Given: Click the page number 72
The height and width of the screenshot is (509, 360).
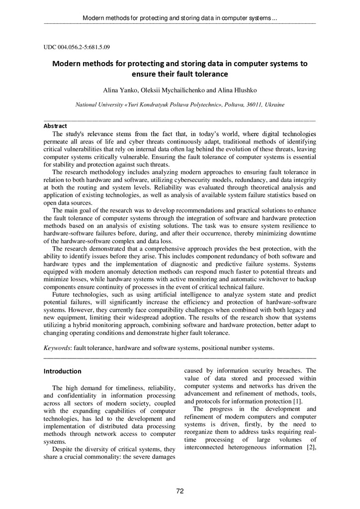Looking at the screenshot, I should [180, 491].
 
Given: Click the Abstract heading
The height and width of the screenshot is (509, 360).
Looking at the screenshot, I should [55, 126].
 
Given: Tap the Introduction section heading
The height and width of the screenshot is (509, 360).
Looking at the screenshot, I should [62, 371].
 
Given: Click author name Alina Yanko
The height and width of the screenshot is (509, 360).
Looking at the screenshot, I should [118, 90].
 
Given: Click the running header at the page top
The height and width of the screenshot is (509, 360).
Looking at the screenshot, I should [180, 18].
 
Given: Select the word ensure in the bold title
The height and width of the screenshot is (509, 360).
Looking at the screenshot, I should [144, 75].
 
